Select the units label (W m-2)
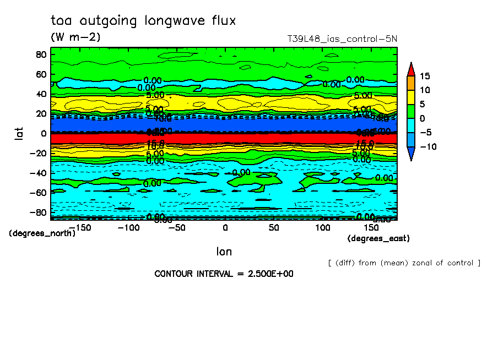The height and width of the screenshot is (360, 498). point(75,37)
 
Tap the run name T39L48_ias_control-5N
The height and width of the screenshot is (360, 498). point(342,39)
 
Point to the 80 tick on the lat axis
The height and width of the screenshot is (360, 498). point(41,54)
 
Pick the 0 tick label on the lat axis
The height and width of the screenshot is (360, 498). point(44,133)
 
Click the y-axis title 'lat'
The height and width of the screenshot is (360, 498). point(19,133)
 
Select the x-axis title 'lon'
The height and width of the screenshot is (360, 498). point(224,252)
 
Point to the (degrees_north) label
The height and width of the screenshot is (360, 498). point(42,233)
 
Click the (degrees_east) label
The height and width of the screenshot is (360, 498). point(378,238)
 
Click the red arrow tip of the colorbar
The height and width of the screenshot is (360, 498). point(410,68)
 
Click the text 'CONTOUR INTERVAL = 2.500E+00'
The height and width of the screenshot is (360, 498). point(223,274)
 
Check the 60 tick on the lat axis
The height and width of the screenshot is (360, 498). point(41,74)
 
